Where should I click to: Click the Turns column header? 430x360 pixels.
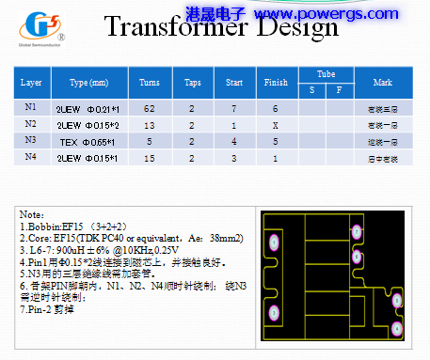(149, 83)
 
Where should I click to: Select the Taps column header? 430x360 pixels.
(192, 83)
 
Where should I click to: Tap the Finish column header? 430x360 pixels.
(276, 83)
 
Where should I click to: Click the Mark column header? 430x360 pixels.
(382, 83)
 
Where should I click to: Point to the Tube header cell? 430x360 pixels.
(326, 73)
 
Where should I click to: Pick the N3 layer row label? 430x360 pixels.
(31, 140)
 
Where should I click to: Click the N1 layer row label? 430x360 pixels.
(31, 108)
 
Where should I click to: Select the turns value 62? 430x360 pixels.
(149, 109)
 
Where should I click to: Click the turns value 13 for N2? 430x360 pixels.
(149, 125)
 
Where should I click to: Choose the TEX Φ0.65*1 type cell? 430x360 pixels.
(90, 141)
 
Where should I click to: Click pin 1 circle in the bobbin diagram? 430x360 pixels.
(275, 242)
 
